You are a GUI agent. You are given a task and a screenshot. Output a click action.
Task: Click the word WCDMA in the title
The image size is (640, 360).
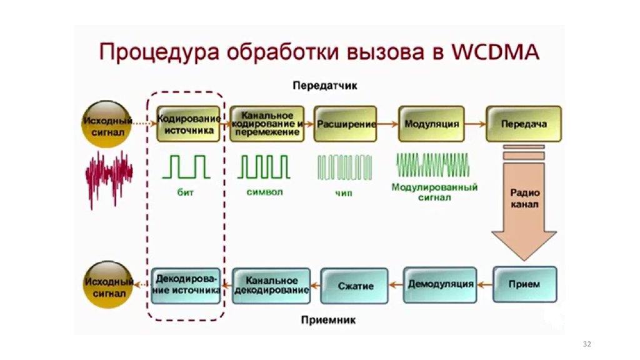click(x=492, y=52)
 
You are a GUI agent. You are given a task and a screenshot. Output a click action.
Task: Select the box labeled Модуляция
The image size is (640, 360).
click(x=431, y=124)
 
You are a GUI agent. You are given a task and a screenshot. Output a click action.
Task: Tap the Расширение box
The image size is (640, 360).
click(x=346, y=124)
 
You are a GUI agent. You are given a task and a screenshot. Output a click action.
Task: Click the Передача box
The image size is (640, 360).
click(x=523, y=124)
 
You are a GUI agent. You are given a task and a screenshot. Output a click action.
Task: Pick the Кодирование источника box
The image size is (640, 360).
click(x=189, y=124)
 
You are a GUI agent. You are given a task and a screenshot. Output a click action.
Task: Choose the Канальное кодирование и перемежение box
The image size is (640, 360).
click(x=267, y=124)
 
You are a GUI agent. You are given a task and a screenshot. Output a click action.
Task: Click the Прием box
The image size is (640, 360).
click(x=524, y=284)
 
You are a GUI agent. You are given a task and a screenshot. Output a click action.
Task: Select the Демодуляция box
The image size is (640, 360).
click(x=440, y=284)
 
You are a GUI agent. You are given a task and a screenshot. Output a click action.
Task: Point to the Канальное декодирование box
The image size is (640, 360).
click(x=271, y=286)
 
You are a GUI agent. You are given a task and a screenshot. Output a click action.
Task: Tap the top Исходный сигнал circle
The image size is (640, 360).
click(x=108, y=124)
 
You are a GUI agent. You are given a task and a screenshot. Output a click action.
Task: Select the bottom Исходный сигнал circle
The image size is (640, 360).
click(x=108, y=284)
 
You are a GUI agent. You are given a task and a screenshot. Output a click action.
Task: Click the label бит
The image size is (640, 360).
click(x=186, y=192)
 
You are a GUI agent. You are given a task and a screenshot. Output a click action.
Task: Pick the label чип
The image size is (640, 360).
click(x=343, y=193)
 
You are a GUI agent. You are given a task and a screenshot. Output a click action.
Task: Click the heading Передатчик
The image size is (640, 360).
click(x=324, y=86)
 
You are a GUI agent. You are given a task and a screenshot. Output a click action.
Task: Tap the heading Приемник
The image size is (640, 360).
click(x=328, y=321)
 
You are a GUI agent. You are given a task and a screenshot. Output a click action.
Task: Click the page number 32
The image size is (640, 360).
click(x=586, y=344)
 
